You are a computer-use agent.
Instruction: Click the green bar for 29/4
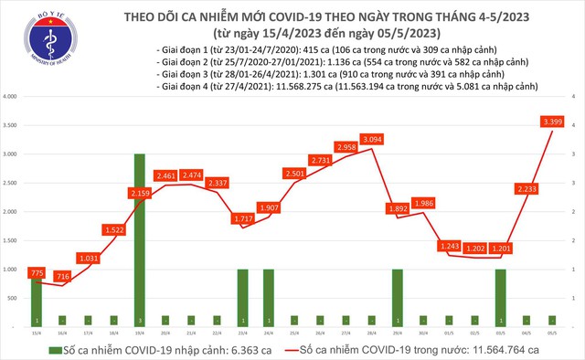coord(398,298)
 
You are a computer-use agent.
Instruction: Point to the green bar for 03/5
coord(501,298)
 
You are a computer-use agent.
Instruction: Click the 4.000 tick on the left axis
coord(14,96)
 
